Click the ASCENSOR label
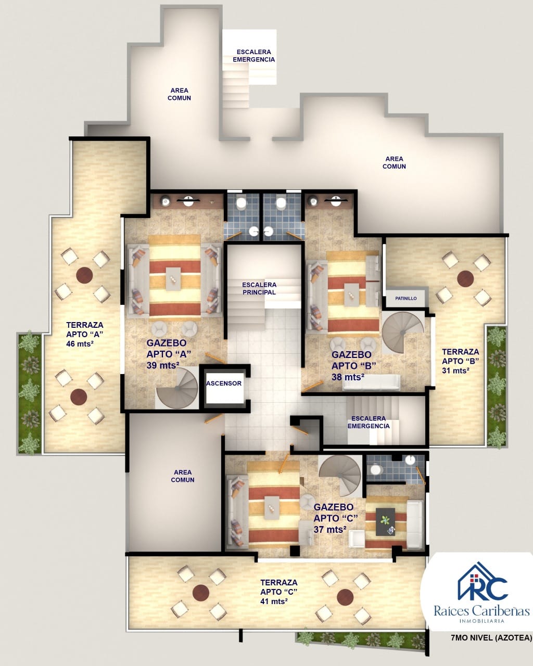point(224,383)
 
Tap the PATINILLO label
point(405,298)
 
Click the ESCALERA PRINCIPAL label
point(259,288)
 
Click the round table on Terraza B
point(465,278)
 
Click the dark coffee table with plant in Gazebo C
point(385,522)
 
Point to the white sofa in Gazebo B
point(372,382)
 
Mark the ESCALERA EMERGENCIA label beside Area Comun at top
point(254,56)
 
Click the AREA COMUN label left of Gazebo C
point(183,476)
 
